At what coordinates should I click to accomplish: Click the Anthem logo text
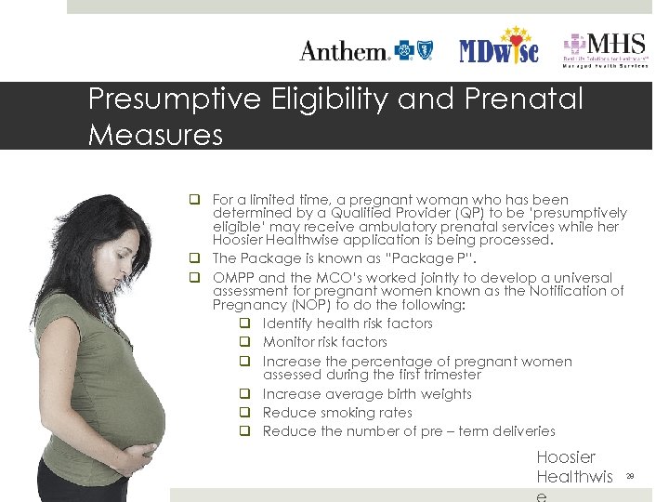344,51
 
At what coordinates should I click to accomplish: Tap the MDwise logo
498,48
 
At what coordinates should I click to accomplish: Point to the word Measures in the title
155,135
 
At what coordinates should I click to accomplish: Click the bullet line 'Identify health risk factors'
348,324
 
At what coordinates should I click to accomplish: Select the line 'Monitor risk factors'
325,342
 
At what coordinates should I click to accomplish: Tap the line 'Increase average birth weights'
367,394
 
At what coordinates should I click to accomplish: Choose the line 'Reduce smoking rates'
337,413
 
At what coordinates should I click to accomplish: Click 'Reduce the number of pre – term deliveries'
409,431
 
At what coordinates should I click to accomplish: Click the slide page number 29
629,475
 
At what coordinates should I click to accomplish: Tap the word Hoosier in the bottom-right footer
566,457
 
